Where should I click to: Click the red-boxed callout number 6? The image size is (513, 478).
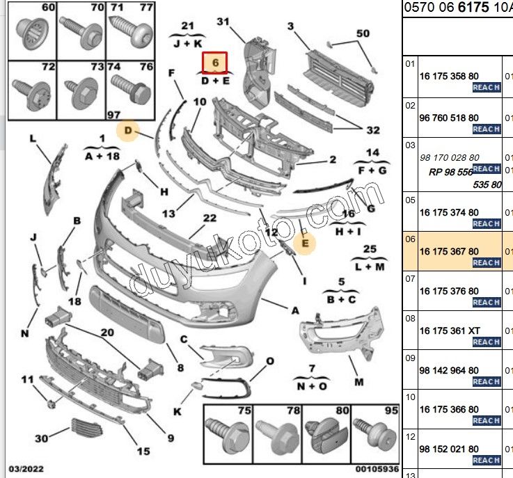216,63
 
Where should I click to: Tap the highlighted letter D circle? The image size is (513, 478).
128,129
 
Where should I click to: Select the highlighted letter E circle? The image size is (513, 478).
303,242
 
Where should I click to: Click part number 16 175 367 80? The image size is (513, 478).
449,251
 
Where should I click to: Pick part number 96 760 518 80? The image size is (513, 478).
449,118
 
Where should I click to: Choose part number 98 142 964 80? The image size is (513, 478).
449,370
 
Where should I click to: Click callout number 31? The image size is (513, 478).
223,22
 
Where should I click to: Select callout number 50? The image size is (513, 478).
363,33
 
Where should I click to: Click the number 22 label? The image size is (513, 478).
210,218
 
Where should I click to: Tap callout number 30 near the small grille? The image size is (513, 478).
42,438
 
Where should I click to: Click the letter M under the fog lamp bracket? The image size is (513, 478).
359,382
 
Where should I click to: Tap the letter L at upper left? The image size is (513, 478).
32,138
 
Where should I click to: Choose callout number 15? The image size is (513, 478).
143,452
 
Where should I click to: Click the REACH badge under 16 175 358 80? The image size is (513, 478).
486,88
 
